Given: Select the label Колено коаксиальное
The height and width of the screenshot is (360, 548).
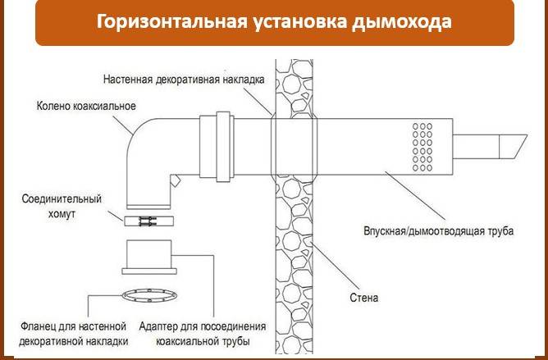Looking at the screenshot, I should tap(86, 107).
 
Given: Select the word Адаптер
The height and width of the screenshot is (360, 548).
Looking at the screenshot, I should tap(162, 326).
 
